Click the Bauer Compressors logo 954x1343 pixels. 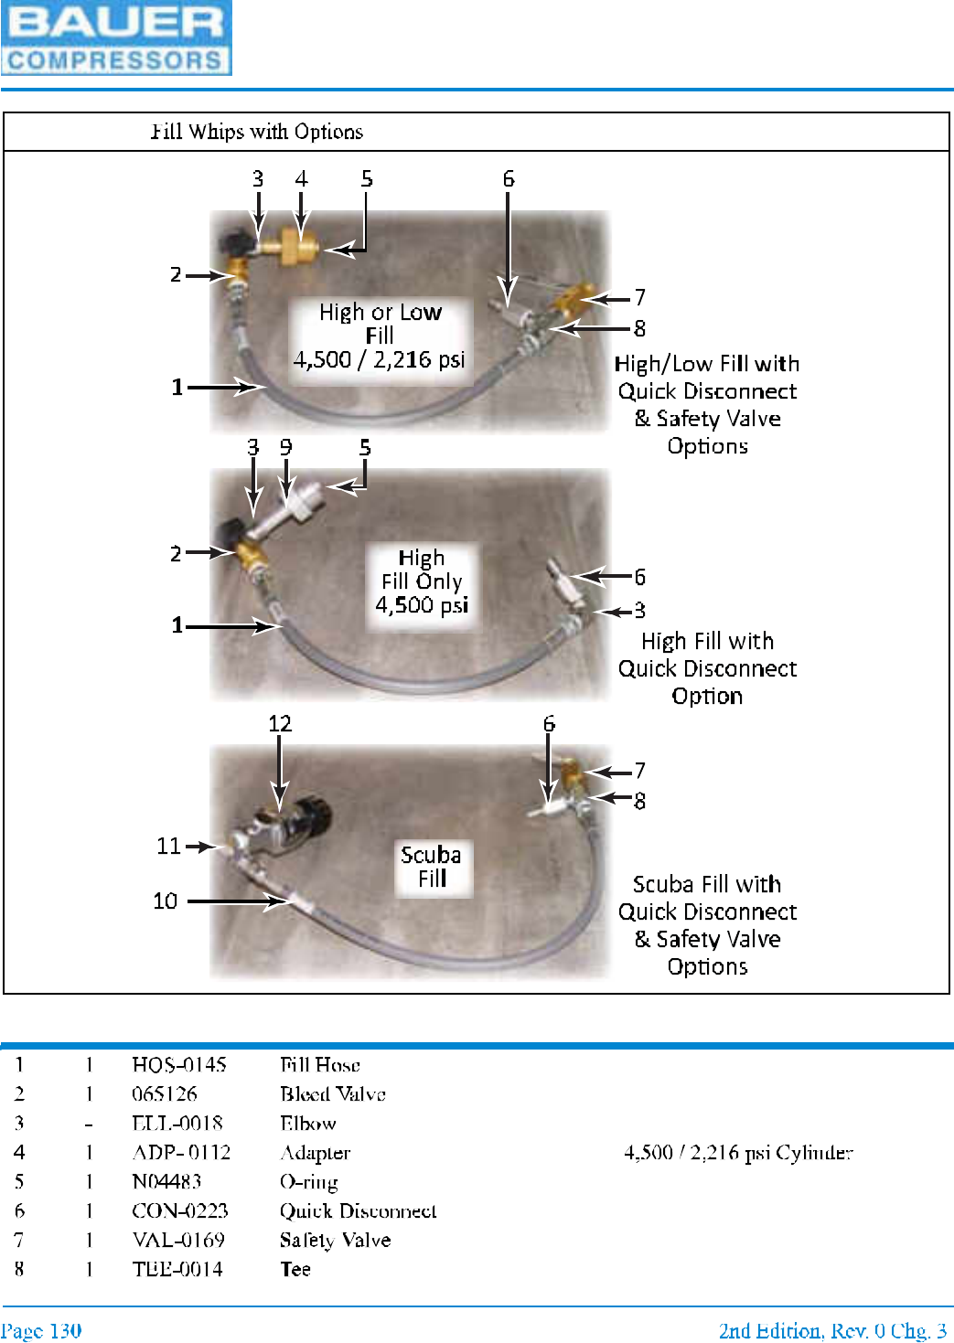click(x=116, y=37)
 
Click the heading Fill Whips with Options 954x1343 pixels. click(x=257, y=132)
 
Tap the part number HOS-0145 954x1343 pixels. click(x=178, y=1065)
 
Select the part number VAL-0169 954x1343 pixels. click(x=178, y=1241)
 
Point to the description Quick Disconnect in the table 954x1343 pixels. click(x=358, y=1211)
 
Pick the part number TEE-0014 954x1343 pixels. click(x=177, y=1270)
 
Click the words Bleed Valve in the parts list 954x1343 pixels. click(x=333, y=1094)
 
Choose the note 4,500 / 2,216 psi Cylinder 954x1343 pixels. click(x=738, y=1153)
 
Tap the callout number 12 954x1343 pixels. click(x=280, y=723)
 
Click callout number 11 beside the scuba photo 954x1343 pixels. click(x=168, y=847)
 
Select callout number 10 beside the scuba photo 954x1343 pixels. click(x=166, y=901)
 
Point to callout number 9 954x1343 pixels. click(x=286, y=447)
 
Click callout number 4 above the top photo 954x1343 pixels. click(x=301, y=178)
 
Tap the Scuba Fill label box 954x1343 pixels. click(x=432, y=867)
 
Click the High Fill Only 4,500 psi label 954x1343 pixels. click(x=422, y=581)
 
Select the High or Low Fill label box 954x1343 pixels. click(x=380, y=336)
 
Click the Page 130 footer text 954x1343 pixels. click(x=41, y=1330)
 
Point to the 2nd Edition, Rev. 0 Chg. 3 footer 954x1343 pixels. click(x=832, y=1330)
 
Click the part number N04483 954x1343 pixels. click(x=166, y=1182)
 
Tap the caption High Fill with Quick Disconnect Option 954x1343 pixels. click(x=707, y=668)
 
